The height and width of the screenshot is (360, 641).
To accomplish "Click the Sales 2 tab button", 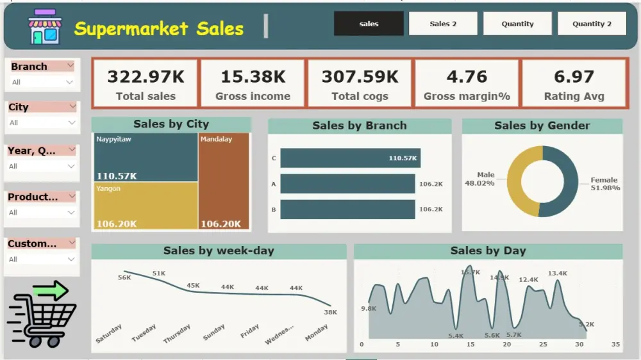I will pyautogui.click(x=443, y=24).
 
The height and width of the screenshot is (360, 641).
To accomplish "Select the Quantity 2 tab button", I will pyautogui.click(x=592, y=24).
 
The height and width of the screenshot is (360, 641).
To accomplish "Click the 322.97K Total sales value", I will pyautogui.click(x=146, y=77).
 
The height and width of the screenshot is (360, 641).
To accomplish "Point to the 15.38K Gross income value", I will pyautogui.click(x=253, y=77).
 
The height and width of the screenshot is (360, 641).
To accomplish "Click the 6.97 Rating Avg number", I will pyautogui.click(x=574, y=77).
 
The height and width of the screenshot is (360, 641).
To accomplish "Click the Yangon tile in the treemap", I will pyautogui.click(x=146, y=205).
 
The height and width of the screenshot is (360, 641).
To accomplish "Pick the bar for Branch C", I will pyautogui.click(x=350, y=158).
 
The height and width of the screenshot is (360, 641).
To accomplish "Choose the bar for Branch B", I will pyautogui.click(x=347, y=209).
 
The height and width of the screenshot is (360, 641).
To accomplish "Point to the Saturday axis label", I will pyautogui.click(x=109, y=334).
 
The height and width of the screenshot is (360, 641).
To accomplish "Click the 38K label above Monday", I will pyautogui.click(x=330, y=312).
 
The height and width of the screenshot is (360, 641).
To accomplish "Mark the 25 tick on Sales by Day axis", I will pyautogui.click(x=543, y=345).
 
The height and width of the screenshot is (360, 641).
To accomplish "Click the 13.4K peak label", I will pyautogui.click(x=557, y=274).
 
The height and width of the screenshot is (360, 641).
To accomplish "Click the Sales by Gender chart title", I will pyautogui.click(x=542, y=126).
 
